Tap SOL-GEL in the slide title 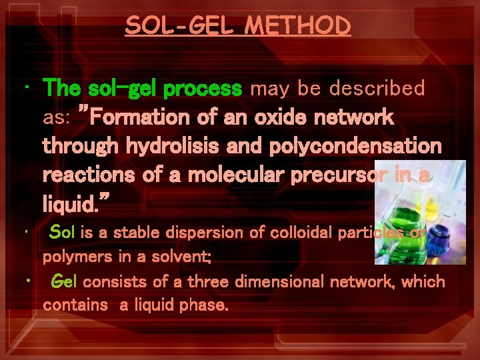(x=181, y=25)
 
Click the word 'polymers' (x=71, y=257)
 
